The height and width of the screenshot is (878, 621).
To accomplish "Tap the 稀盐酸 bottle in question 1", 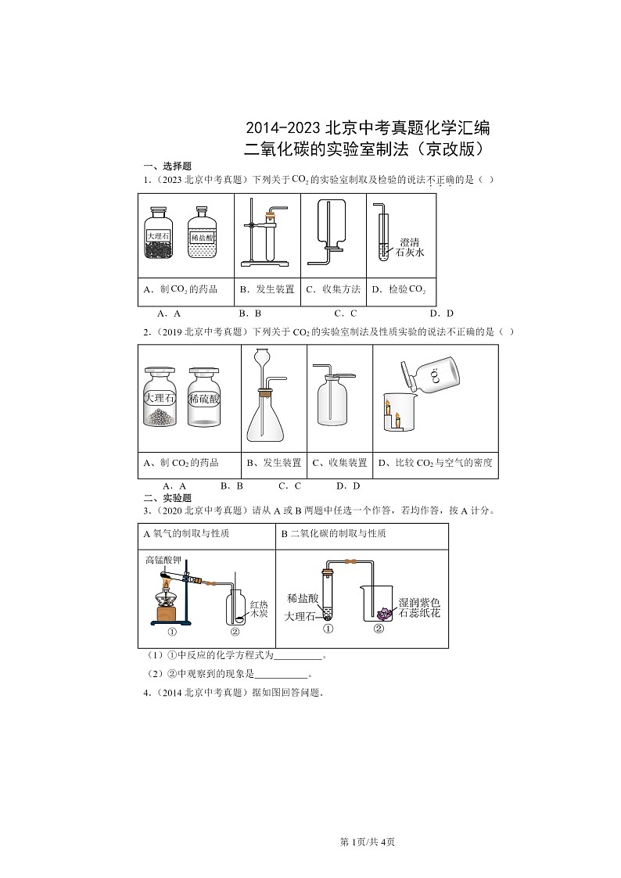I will (202, 234).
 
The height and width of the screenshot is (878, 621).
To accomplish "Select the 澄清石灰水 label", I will (410, 248).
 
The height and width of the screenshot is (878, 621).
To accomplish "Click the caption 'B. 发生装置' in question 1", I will (267, 289).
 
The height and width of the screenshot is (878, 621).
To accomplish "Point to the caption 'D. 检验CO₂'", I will (398, 290).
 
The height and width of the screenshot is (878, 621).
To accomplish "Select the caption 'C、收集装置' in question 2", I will (339, 463).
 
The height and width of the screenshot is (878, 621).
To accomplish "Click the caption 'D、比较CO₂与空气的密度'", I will (435, 463).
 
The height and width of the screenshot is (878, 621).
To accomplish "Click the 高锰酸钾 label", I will (163, 560).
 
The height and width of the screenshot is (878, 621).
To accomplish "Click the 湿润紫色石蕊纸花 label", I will (420, 607).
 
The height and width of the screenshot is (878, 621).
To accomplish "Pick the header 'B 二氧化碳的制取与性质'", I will (333, 534).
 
